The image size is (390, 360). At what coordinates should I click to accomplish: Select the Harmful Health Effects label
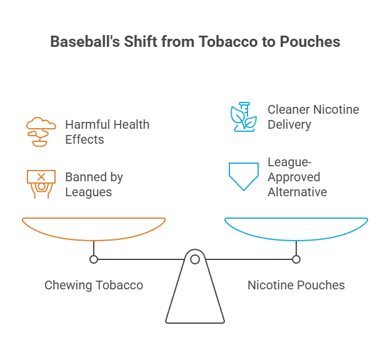click(107, 131)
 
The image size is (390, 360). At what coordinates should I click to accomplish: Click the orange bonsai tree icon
click(41, 131)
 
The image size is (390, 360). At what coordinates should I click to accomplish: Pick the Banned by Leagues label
click(94, 184)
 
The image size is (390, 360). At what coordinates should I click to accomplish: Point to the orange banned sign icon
click(41, 184)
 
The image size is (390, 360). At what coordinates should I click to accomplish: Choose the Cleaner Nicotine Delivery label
click(313, 117)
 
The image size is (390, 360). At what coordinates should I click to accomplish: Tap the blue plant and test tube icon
click(244, 116)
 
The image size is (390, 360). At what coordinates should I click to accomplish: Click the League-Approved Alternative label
click(297, 177)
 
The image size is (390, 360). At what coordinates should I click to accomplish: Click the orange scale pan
click(94, 227)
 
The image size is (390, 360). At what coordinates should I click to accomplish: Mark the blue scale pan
click(296, 227)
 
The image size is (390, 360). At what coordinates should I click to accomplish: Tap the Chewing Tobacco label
click(94, 285)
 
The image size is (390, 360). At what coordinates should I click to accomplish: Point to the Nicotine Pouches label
click(296, 285)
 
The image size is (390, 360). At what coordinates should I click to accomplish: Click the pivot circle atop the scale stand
click(195, 259)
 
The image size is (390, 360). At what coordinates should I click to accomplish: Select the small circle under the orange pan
click(94, 259)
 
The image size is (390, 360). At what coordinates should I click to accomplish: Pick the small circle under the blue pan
click(296, 259)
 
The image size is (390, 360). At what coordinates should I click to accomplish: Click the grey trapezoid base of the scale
click(194, 297)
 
